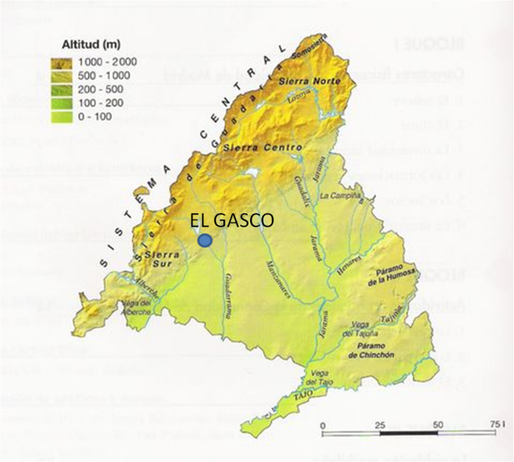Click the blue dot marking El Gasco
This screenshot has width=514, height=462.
[x=205, y=240]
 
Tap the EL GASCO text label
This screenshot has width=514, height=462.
[x=231, y=221]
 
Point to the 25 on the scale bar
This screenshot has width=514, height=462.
[x=380, y=426]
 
